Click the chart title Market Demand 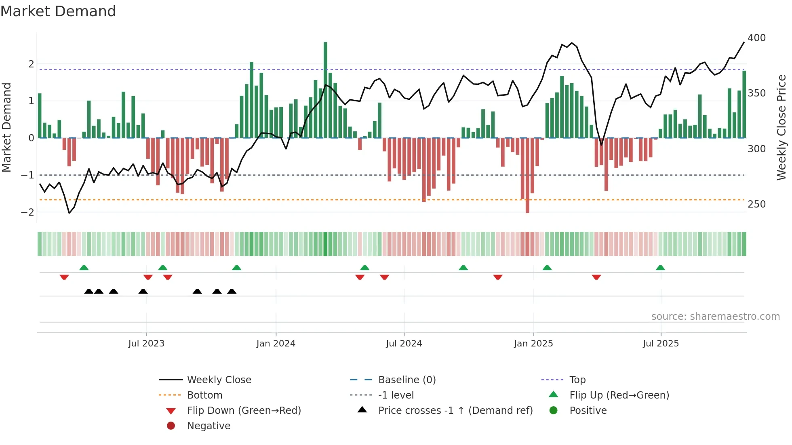coord(58,11)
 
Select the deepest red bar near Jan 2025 coord(527,175)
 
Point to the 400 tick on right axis coord(756,38)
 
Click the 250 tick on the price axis coord(756,204)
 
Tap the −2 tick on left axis coord(27,212)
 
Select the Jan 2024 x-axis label coord(276,344)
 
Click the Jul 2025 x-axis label coord(661,344)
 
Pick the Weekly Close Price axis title coord(781,127)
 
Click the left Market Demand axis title coord(6,127)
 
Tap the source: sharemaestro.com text coord(715,317)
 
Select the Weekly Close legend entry coord(219,380)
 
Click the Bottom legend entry coord(204,395)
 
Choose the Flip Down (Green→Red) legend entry coord(244,411)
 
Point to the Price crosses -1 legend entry coord(455,411)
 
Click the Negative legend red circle coord(171,426)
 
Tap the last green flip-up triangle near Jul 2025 coord(660,268)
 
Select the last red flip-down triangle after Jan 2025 coord(596,277)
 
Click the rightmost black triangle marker coord(232,292)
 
